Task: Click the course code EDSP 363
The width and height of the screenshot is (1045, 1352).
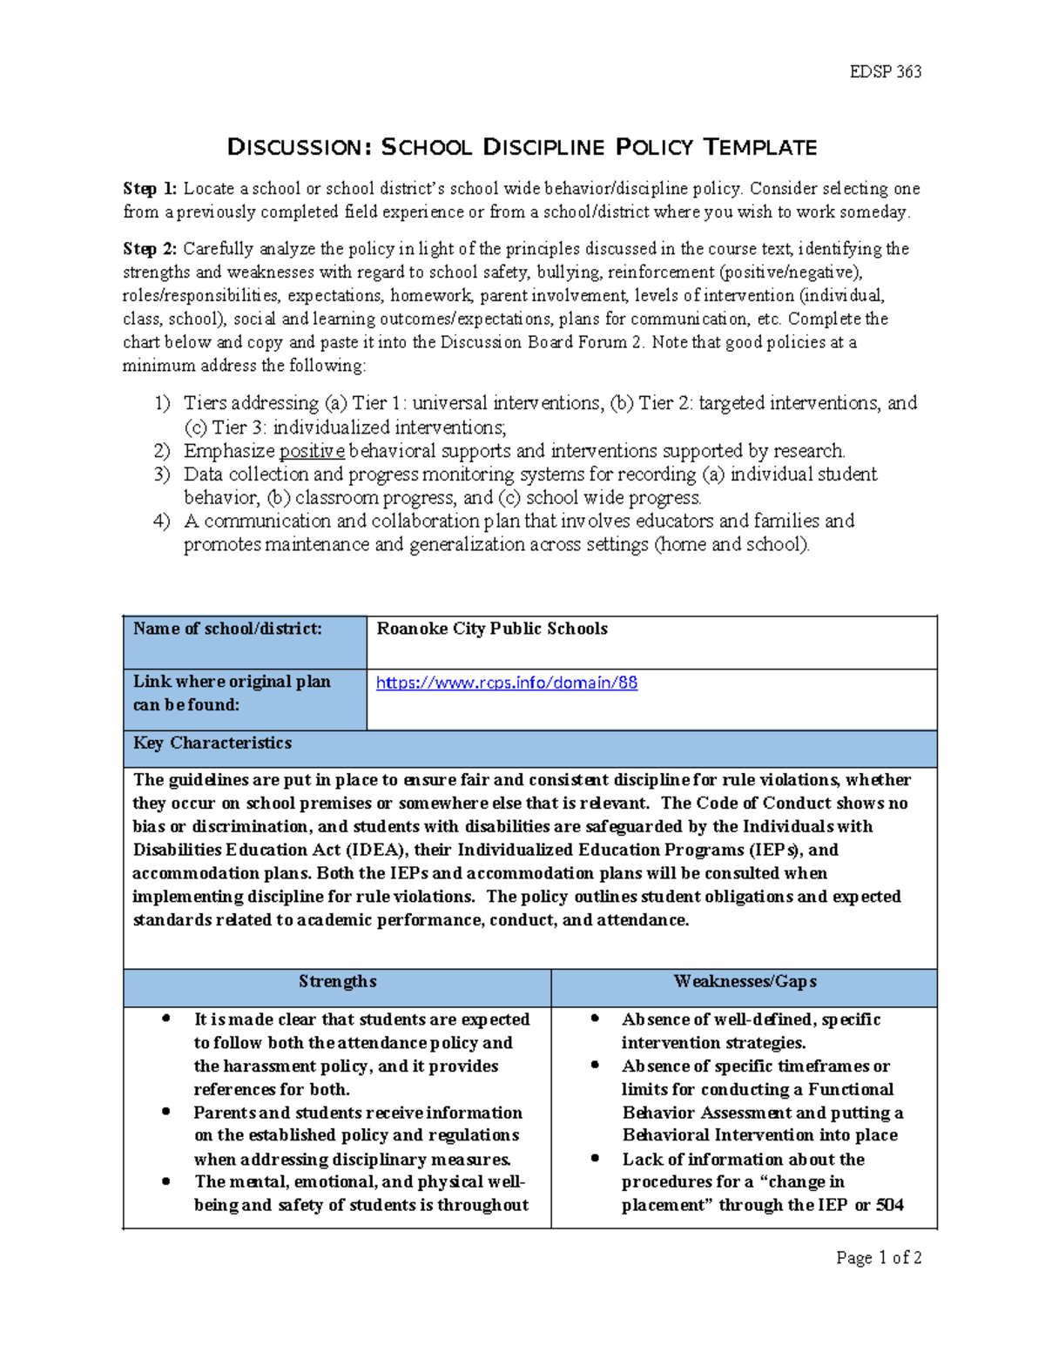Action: point(885,72)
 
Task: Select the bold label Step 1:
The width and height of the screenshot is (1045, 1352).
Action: point(150,189)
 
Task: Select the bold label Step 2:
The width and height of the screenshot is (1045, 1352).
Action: point(150,249)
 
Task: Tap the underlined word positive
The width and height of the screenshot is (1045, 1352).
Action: point(312,451)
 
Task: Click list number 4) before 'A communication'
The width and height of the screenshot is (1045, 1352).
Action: point(162,521)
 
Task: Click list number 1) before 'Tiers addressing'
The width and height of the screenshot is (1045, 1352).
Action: point(162,403)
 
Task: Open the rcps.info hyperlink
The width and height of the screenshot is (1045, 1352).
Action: point(506,683)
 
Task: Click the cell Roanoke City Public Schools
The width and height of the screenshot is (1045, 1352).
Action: point(492,629)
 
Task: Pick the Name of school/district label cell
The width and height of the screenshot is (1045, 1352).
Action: point(227,629)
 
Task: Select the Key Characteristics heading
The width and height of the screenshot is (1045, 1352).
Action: point(212,743)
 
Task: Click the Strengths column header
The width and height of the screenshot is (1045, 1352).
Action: point(337,981)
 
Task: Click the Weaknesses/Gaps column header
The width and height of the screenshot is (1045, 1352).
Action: point(745,981)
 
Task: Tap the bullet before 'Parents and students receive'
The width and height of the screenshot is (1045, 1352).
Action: point(165,1112)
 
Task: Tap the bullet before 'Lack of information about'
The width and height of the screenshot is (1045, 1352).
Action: point(595,1159)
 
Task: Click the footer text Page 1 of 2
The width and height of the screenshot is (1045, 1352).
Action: point(878,1257)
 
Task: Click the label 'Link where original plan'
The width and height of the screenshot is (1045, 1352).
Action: point(232,682)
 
